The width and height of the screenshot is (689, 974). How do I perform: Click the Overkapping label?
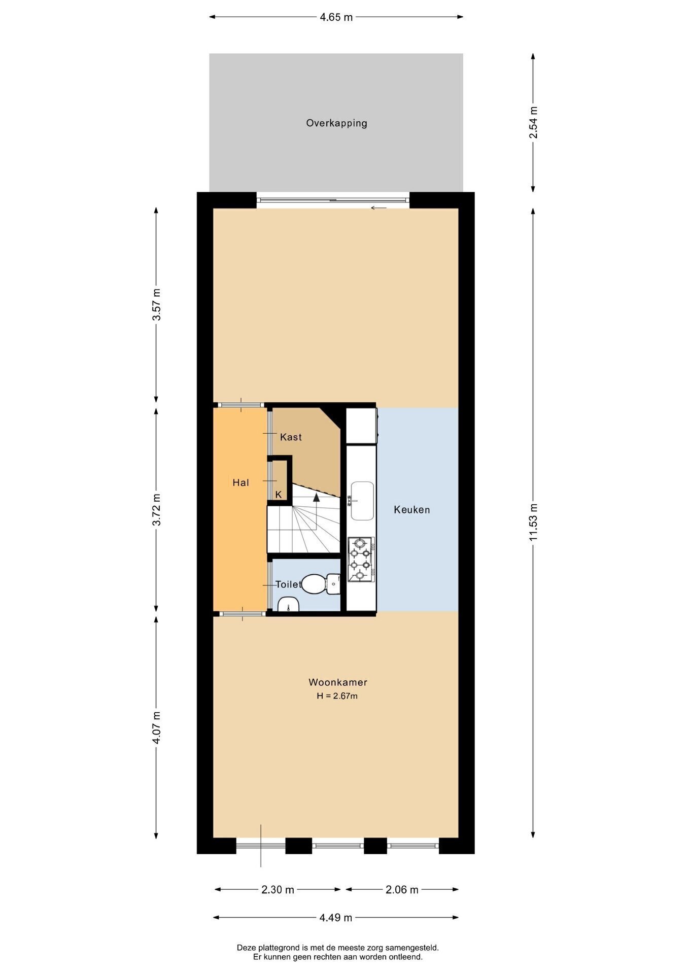336,123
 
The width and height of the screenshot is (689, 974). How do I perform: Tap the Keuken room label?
412,510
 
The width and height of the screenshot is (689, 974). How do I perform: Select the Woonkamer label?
338,682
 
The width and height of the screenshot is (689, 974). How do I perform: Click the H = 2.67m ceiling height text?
337,696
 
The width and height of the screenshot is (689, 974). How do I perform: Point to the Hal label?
241,482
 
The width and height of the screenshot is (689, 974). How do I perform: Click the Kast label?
291,437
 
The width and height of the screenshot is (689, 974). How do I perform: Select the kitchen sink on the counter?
362,501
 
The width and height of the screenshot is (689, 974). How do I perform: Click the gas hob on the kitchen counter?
361,560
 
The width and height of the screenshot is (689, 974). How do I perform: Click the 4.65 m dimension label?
336,17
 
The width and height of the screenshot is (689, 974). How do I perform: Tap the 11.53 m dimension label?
533,523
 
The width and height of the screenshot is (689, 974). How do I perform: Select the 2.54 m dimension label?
533,123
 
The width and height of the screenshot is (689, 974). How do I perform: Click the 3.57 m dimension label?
156,304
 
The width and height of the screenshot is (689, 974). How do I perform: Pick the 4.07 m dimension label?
156,727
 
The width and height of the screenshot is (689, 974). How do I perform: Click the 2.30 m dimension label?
278,889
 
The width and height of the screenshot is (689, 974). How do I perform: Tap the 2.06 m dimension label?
402,889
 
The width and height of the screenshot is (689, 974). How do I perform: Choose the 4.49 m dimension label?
336,917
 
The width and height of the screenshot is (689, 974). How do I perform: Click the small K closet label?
279,494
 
